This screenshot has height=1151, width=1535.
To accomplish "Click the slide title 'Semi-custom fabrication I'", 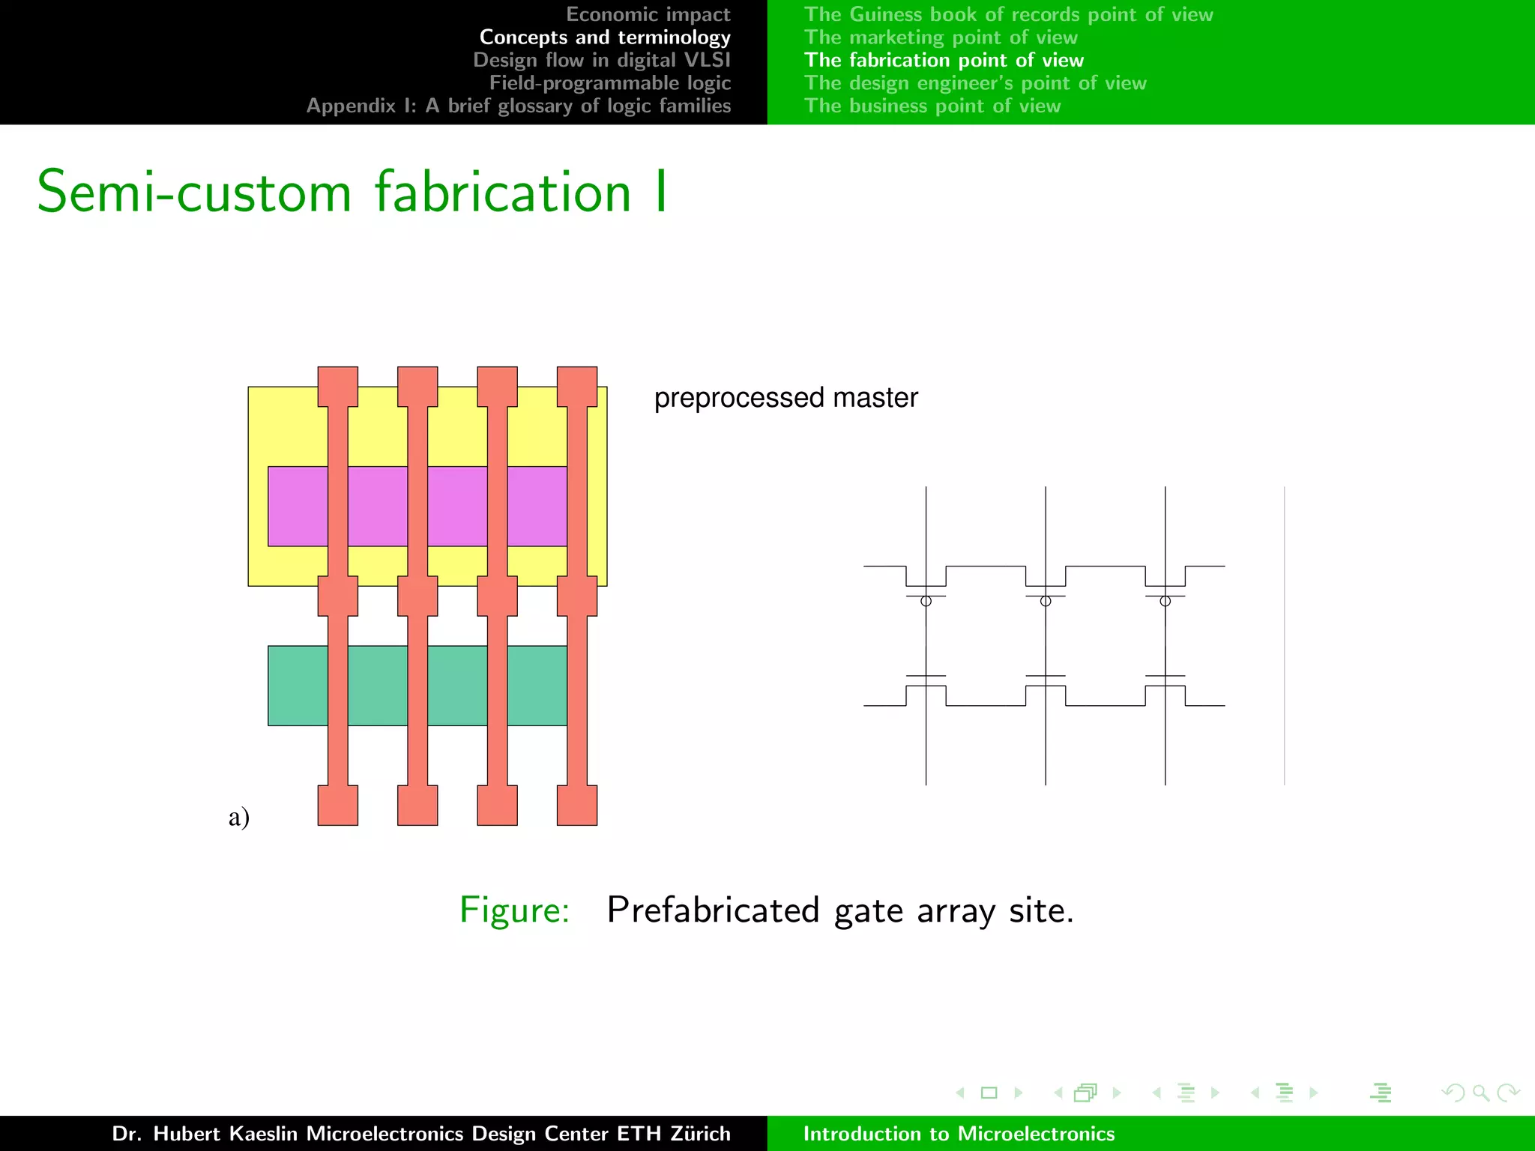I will [352, 192].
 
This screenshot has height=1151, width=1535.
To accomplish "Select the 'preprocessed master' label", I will [785, 397].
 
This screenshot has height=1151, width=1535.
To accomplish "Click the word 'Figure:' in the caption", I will [514, 910].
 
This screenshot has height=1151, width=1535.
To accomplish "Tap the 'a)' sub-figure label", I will [238, 816].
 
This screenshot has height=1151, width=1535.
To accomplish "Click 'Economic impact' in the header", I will [648, 14].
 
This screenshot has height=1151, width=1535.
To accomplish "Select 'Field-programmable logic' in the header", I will [609, 82].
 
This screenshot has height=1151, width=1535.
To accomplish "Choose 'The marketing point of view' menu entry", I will [941, 37].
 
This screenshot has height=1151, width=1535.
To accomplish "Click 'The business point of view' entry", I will [932, 106].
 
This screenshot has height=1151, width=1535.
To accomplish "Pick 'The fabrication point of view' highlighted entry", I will [944, 60].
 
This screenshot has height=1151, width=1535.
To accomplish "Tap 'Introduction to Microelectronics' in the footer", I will [959, 1133].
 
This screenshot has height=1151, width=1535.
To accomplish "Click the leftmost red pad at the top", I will [337, 386].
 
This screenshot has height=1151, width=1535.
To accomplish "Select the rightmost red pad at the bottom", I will [576, 805].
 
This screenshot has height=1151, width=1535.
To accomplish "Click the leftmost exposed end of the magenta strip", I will [298, 506].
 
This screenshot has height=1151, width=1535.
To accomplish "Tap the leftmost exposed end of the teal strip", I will [298, 685].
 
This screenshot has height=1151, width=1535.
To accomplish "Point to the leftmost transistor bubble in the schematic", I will [926, 601].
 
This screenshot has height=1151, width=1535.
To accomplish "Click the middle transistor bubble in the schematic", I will [1046, 601].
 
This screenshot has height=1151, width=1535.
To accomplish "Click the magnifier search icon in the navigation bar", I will [1480, 1093].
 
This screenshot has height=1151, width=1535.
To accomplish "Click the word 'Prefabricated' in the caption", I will [713, 910].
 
